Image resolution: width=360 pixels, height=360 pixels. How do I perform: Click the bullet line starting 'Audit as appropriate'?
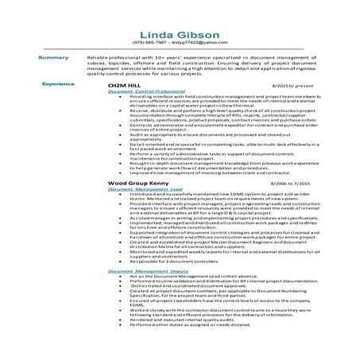pos(199,157)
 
